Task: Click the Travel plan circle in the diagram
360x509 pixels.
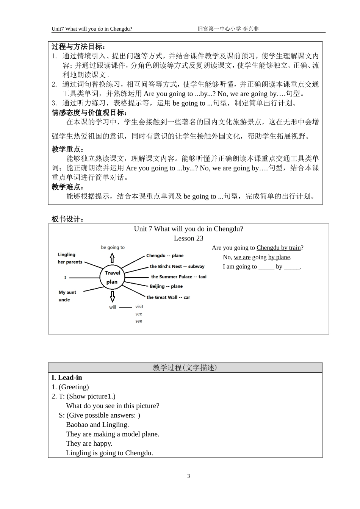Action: click(112, 278)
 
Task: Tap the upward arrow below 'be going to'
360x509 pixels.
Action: click(112, 258)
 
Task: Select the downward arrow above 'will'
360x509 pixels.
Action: click(112, 296)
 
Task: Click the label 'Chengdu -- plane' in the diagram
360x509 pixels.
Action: click(165, 256)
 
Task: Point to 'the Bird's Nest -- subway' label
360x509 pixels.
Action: click(177, 267)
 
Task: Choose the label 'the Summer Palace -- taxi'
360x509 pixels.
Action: click(178, 277)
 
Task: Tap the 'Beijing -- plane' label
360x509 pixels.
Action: click(166, 286)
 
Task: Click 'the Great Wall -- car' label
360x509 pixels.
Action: click(168, 297)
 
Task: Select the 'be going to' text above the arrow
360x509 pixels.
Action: click(113, 247)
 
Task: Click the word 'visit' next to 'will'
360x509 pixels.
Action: click(139, 307)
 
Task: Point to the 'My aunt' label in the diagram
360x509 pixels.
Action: click(67, 292)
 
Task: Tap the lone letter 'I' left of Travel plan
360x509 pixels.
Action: click(65, 278)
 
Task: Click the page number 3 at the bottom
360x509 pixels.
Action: click(189, 476)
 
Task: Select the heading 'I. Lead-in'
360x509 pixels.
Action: click(67, 378)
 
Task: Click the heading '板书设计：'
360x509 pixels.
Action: click(68, 219)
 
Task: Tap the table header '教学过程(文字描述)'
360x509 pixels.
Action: click(185, 368)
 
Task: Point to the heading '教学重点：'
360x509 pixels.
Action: click(68, 149)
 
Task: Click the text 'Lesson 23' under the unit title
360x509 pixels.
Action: click(189, 238)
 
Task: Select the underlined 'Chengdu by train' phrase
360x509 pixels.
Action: click(279, 248)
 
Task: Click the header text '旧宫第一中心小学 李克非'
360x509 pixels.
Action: click(228, 29)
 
